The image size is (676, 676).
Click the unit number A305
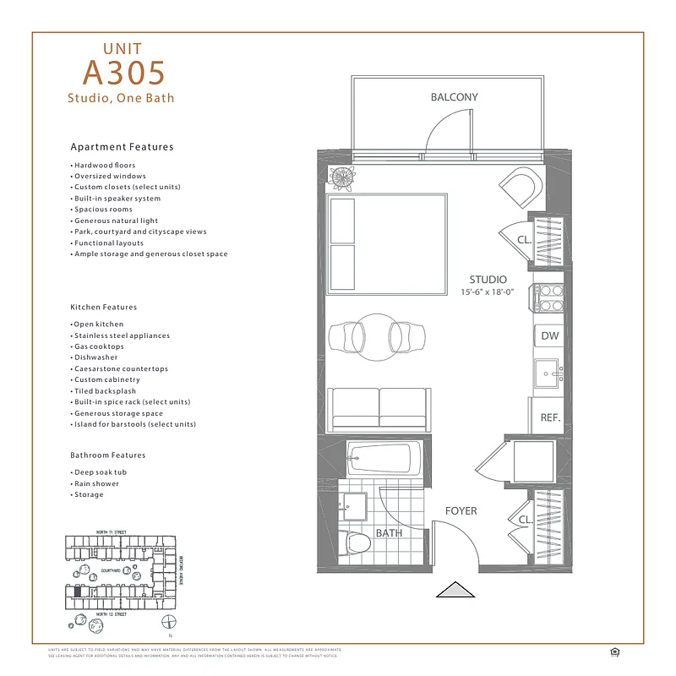pos(125,72)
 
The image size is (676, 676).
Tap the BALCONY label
pos(454,97)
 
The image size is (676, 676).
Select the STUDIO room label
pos(488,280)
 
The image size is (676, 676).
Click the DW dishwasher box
pos(549,335)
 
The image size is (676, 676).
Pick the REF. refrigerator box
pos(550,417)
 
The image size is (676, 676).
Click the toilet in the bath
pos(357,544)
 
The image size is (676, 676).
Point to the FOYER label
pos(461,511)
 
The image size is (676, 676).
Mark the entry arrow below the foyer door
pos(456,589)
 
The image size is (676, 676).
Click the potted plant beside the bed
pos(344,178)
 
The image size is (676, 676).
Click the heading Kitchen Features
pos(104,307)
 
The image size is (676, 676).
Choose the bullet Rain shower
pos(96,483)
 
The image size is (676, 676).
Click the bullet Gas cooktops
pos(99,346)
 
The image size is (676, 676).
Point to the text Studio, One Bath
pos(121,98)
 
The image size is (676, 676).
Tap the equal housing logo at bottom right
pos(614,651)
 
